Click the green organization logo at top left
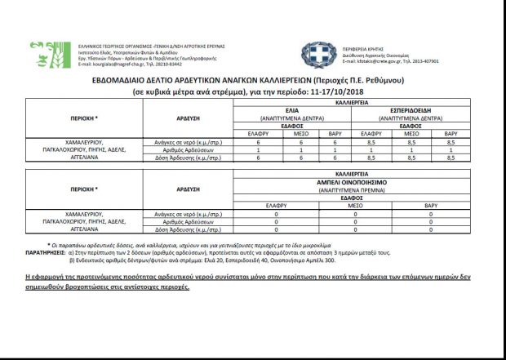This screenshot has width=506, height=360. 42,54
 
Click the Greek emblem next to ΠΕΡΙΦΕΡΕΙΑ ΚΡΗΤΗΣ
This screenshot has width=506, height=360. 314,54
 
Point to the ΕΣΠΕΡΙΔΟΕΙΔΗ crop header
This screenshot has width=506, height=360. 410,109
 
